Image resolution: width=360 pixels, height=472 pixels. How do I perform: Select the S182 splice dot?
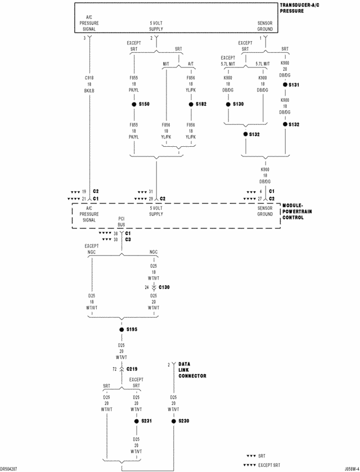(x=191, y=104)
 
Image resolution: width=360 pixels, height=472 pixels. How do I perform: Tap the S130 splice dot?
(x=228, y=104)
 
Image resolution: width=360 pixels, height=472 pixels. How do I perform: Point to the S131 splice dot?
(x=285, y=84)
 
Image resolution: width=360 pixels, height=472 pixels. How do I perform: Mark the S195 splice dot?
(x=121, y=330)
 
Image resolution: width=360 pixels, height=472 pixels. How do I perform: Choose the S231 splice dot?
(x=136, y=421)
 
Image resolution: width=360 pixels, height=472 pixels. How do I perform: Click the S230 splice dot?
(x=173, y=421)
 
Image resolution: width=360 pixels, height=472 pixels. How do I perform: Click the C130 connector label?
(x=164, y=287)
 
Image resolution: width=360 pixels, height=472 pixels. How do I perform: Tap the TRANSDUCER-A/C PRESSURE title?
(x=301, y=8)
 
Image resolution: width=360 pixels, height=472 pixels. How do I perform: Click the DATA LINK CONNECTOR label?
(x=192, y=370)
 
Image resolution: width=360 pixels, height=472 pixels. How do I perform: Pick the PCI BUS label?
(x=121, y=222)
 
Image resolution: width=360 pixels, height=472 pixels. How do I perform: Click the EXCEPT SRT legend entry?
(x=268, y=465)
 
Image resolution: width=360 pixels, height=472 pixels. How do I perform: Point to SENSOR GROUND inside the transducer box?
(x=265, y=26)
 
